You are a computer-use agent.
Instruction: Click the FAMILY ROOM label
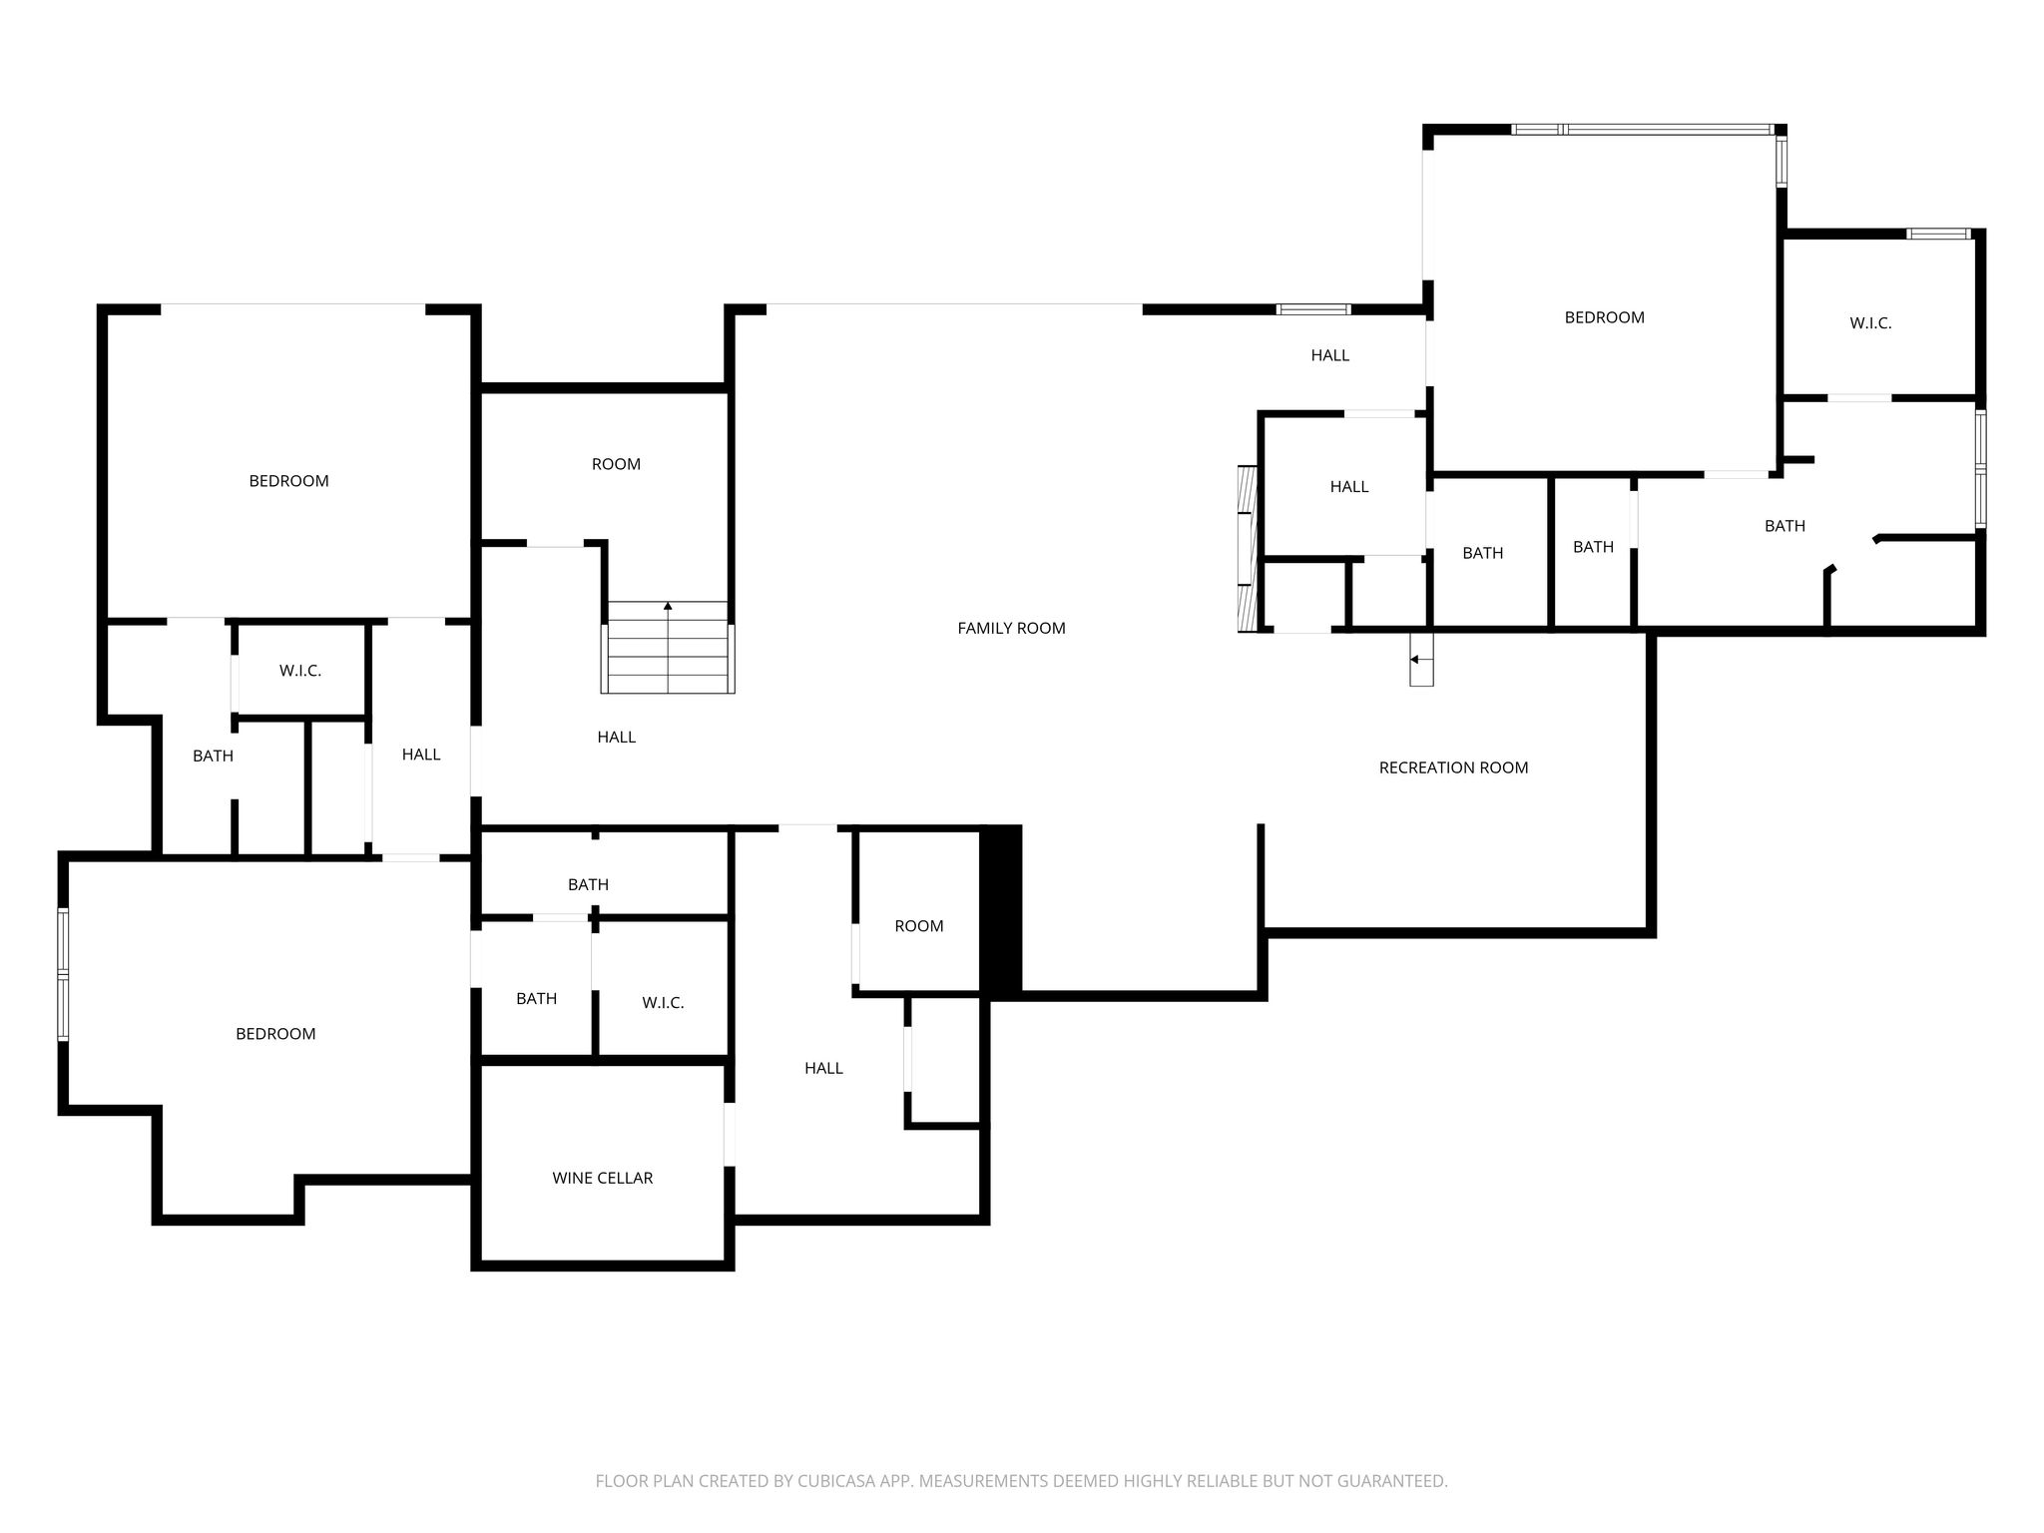pyautogui.click(x=1011, y=628)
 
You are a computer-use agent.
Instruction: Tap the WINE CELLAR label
pyautogui.click(x=602, y=1178)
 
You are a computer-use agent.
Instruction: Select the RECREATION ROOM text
pyautogui.click(x=1453, y=767)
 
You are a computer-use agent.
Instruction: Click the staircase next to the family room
pyautogui.click(x=668, y=647)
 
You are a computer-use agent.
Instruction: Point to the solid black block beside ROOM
pyautogui.click(x=1001, y=910)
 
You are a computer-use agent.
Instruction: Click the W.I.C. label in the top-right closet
pyautogui.click(x=1870, y=323)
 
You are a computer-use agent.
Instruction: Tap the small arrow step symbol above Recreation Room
pyautogui.click(x=1421, y=659)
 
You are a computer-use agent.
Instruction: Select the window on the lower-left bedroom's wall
pyautogui.click(x=63, y=974)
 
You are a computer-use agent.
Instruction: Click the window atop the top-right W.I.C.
pyautogui.click(x=1938, y=234)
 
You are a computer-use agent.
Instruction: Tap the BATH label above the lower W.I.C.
pyautogui.click(x=588, y=884)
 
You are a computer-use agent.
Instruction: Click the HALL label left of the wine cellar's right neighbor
pyautogui.click(x=823, y=1068)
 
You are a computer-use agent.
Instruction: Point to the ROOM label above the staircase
pyautogui.click(x=616, y=464)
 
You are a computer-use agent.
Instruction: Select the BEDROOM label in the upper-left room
pyautogui.click(x=288, y=481)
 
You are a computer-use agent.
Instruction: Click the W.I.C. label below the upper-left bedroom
pyautogui.click(x=300, y=671)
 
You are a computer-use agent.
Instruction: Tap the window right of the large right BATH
pyautogui.click(x=1981, y=468)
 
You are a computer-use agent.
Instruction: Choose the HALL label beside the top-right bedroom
pyautogui.click(x=1329, y=355)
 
